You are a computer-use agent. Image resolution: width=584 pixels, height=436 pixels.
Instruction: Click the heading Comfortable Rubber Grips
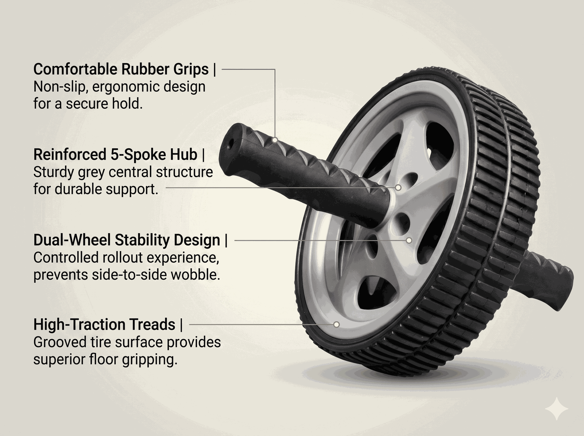coord(121,69)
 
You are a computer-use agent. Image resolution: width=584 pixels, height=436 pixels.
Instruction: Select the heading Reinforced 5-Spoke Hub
coord(115,154)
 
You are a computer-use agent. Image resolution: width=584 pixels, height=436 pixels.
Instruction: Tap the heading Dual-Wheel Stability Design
coord(127,240)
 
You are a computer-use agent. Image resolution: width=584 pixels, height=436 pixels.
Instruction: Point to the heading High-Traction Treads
coord(104,324)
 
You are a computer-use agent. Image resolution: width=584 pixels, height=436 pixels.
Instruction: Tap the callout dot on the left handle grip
coord(275,140)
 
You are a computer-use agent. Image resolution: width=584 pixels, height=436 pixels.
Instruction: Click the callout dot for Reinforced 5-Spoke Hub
coord(398,188)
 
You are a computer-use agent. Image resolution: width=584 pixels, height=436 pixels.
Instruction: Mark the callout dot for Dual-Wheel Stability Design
coord(409,240)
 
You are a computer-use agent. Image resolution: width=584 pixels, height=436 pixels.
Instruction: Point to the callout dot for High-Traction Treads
coord(336,324)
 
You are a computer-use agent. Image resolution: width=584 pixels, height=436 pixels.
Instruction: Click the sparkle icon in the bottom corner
coord(557,409)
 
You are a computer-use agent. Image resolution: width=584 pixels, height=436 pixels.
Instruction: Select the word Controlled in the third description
coord(65,258)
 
